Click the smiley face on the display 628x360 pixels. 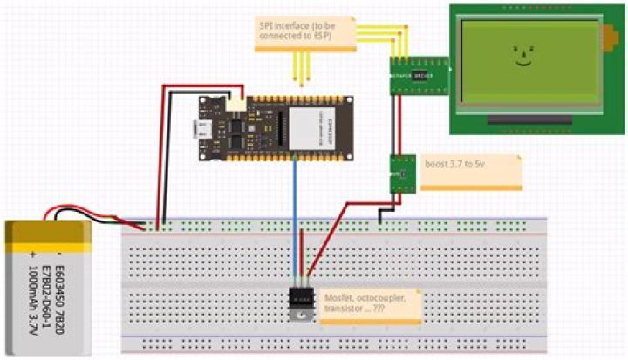[522, 57]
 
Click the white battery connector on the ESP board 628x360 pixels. [235, 102]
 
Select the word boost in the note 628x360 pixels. [437, 163]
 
